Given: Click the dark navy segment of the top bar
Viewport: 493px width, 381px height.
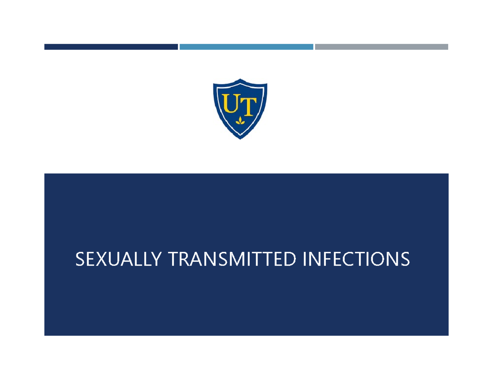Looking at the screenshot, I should click(x=111, y=47).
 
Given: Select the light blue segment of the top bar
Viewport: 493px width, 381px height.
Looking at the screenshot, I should click(x=246, y=47).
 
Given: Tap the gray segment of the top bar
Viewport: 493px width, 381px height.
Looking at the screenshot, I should click(x=381, y=47).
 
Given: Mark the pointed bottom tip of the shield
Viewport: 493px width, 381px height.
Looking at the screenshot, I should click(x=240, y=138).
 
